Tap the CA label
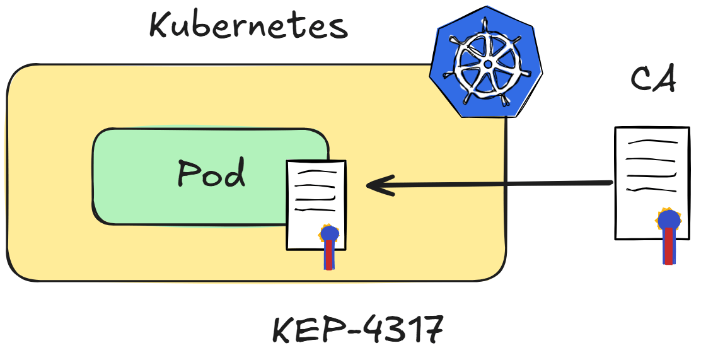click(x=653, y=79)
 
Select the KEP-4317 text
click(x=358, y=329)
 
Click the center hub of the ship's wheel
click(x=488, y=64)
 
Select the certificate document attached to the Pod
click(x=316, y=205)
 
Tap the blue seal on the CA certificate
click(x=669, y=220)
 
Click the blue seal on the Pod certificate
click(x=330, y=234)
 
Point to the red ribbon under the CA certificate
click(x=669, y=246)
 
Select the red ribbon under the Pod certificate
click(x=329, y=255)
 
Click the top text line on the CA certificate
click(x=652, y=142)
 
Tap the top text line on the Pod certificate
click(x=318, y=171)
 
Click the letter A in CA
click(x=664, y=79)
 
